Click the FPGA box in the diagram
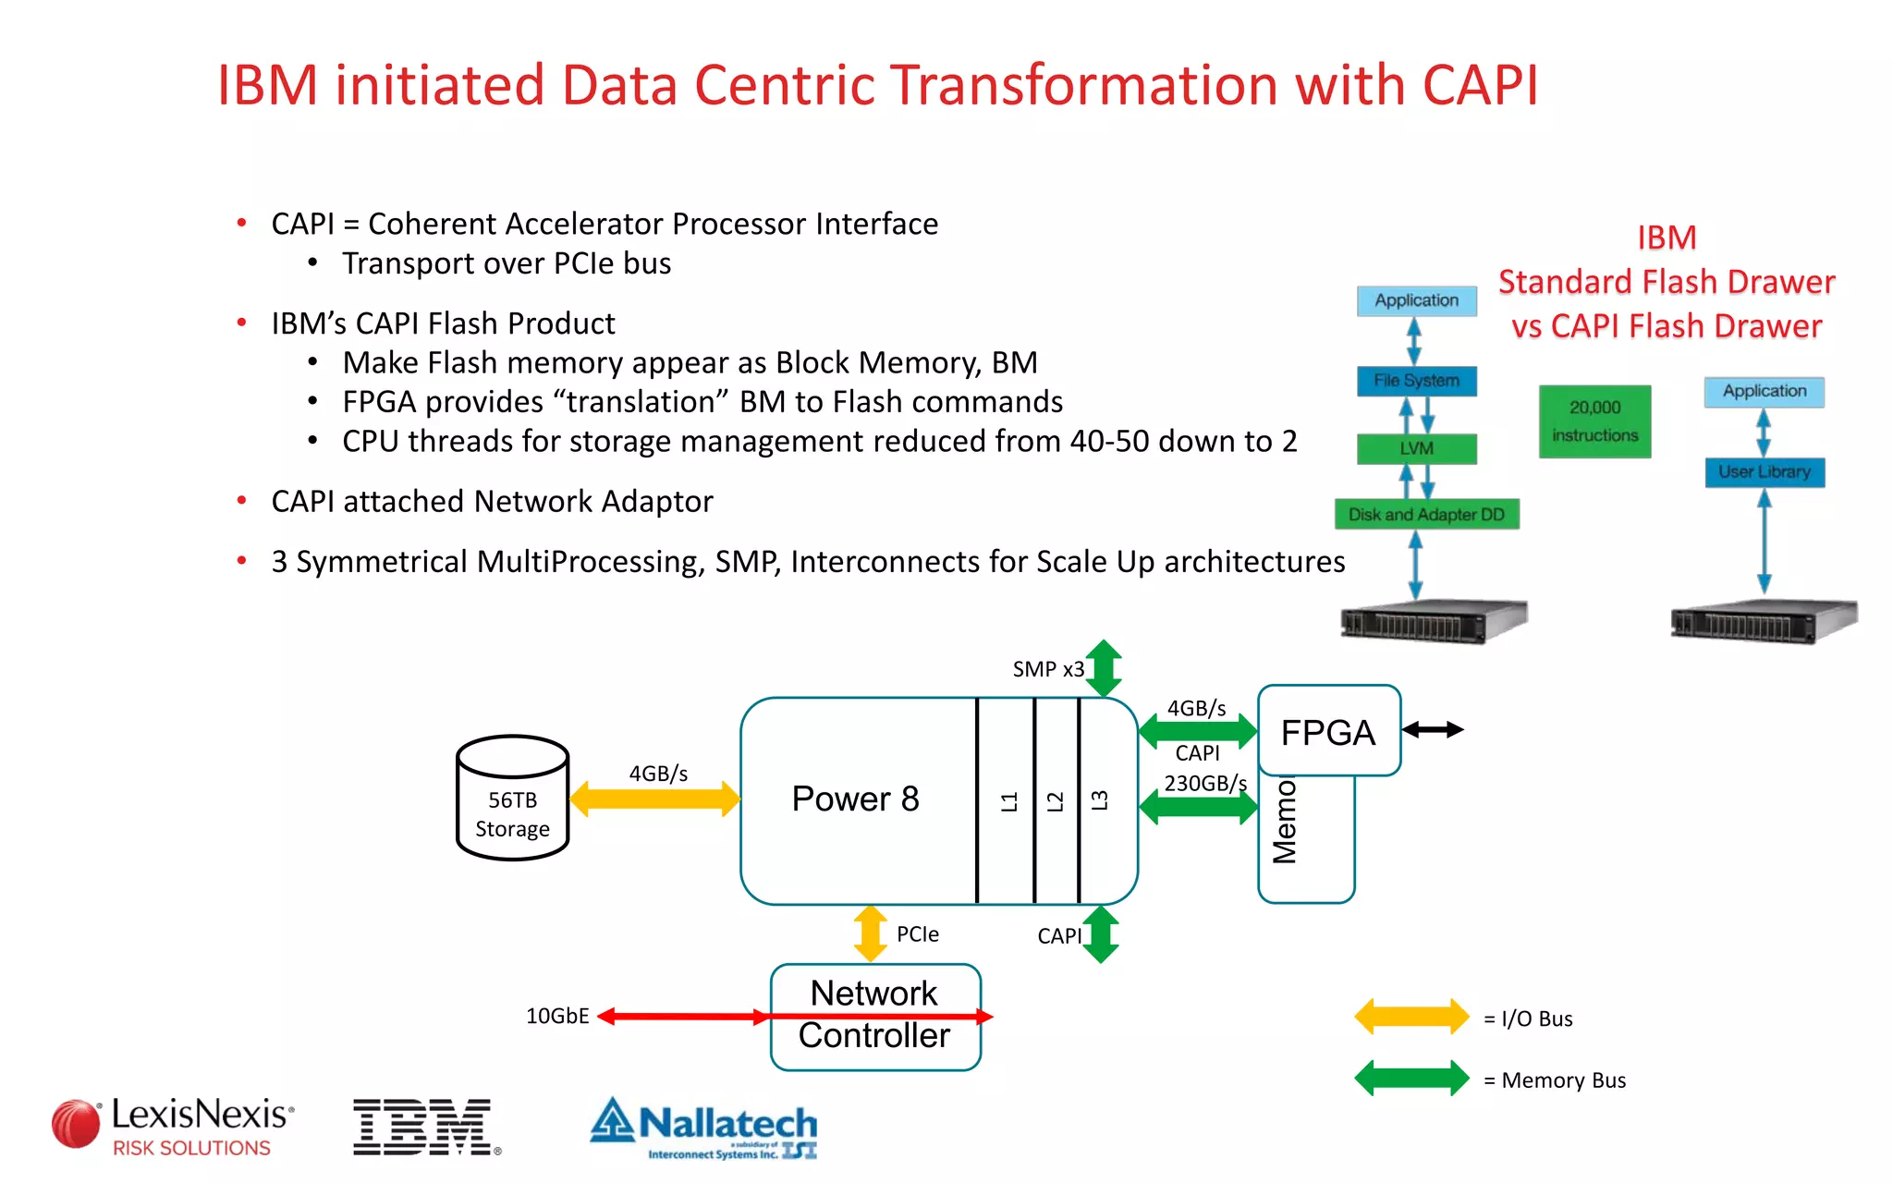[x=1328, y=731]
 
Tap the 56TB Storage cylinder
[x=512, y=799]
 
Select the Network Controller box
[x=874, y=1016]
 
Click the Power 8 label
[x=855, y=799]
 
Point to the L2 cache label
[x=1055, y=801]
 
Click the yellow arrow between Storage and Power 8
[x=654, y=799]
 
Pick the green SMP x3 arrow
[x=1104, y=667]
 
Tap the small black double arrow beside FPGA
[x=1433, y=730]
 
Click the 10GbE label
[x=557, y=1016]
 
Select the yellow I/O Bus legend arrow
[x=1411, y=1017]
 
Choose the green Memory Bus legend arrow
[x=1411, y=1079]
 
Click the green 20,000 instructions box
[x=1594, y=421]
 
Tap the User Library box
[x=1764, y=472]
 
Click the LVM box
[x=1416, y=448]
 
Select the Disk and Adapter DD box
[x=1426, y=515]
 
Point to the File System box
[x=1416, y=381]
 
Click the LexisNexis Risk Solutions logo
[x=174, y=1126]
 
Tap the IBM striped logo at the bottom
[x=425, y=1127]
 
